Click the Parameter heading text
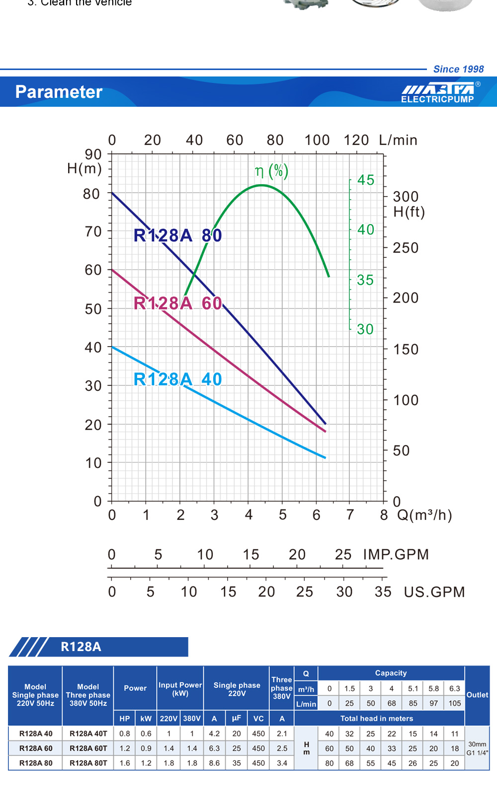tap(59, 92)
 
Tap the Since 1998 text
tap(458, 69)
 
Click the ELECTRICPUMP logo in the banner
tap(438, 93)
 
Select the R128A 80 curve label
tap(177, 235)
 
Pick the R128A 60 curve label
tap(177, 303)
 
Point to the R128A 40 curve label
tap(177, 379)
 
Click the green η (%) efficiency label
tap(271, 171)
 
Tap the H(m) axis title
tap(84, 169)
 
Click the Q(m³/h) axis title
tap(424, 515)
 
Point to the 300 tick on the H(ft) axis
tap(406, 197)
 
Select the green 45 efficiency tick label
tap(366, 180)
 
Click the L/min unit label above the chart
tap(398, 140)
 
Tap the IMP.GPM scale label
tap(396, 554)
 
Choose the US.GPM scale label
tap(434, 592)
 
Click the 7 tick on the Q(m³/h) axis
tap(350, 515)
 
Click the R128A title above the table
tap(81, 647)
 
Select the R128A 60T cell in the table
tap(88, 748)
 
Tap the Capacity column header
tap(391, 673)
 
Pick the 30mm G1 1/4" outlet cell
tap(477, 748)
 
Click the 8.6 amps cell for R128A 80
tap(214, 763)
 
